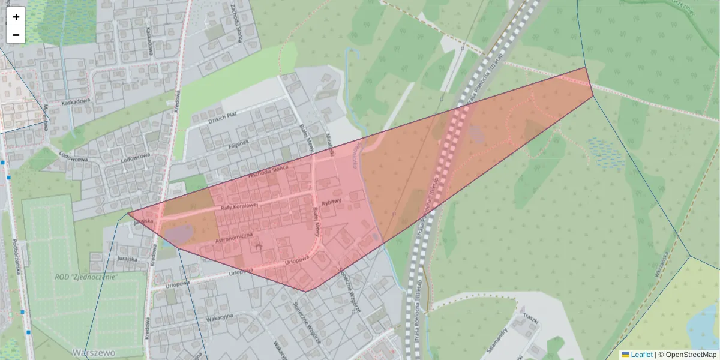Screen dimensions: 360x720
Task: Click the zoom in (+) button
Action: click(x=16, y=17)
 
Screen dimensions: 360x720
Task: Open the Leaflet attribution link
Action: click(x=641, y=355)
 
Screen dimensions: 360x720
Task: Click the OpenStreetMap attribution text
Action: click(x=691, y=355)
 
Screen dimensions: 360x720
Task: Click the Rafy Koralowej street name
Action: click(x=239, y=206)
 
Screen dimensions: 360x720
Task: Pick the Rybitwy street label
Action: click(x=331, y=203)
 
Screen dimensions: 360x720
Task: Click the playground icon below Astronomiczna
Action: click(x=259, y=245)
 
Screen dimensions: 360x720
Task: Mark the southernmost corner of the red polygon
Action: click(x=307, y=292)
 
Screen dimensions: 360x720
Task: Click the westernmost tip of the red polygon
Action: click(x=128, y=213)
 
